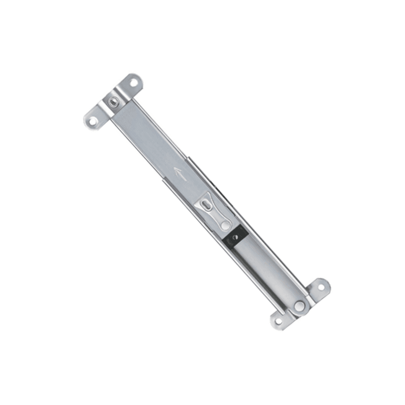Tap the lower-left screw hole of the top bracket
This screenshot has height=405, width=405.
(x=93, y=121)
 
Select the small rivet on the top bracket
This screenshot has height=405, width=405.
(x=114, y=103)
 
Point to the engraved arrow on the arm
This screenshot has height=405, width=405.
(x=180, y=175)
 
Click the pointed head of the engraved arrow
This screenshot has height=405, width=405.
(x=175, y=171)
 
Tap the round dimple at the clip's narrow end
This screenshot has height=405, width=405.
(x=224, y=222)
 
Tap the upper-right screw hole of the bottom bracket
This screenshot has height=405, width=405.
(x=320, y=287)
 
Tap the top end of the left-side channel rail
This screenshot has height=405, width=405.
(x=163, y=178)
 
